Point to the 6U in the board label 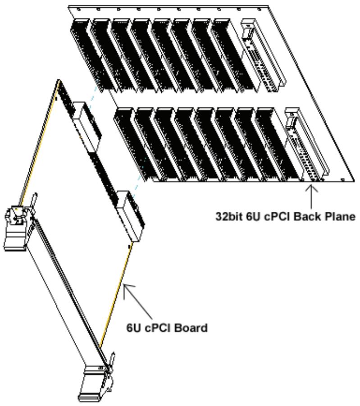click(134, 328)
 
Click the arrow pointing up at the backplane click(311, 196)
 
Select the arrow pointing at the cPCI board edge click(137, 301)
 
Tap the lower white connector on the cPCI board click(129, 216)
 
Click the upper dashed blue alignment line click(92, 98)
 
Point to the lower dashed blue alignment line click(139, 178)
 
